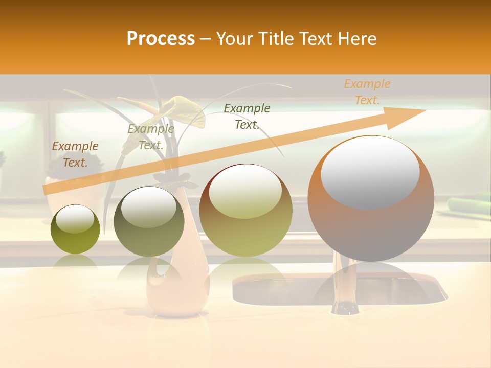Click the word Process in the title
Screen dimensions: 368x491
(161, 38)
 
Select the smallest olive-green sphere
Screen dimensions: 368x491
(75, 229)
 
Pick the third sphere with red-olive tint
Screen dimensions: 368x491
(245, 210)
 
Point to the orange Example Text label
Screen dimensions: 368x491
(367, 92)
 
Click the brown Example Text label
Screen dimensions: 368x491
(75, 154)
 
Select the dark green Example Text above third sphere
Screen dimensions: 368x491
(247, 117)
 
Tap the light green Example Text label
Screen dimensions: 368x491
(151, 137)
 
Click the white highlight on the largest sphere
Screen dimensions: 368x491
(370, 171)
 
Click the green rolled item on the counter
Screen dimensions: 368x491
(468, 204)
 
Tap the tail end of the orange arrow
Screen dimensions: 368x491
(47, 190)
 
